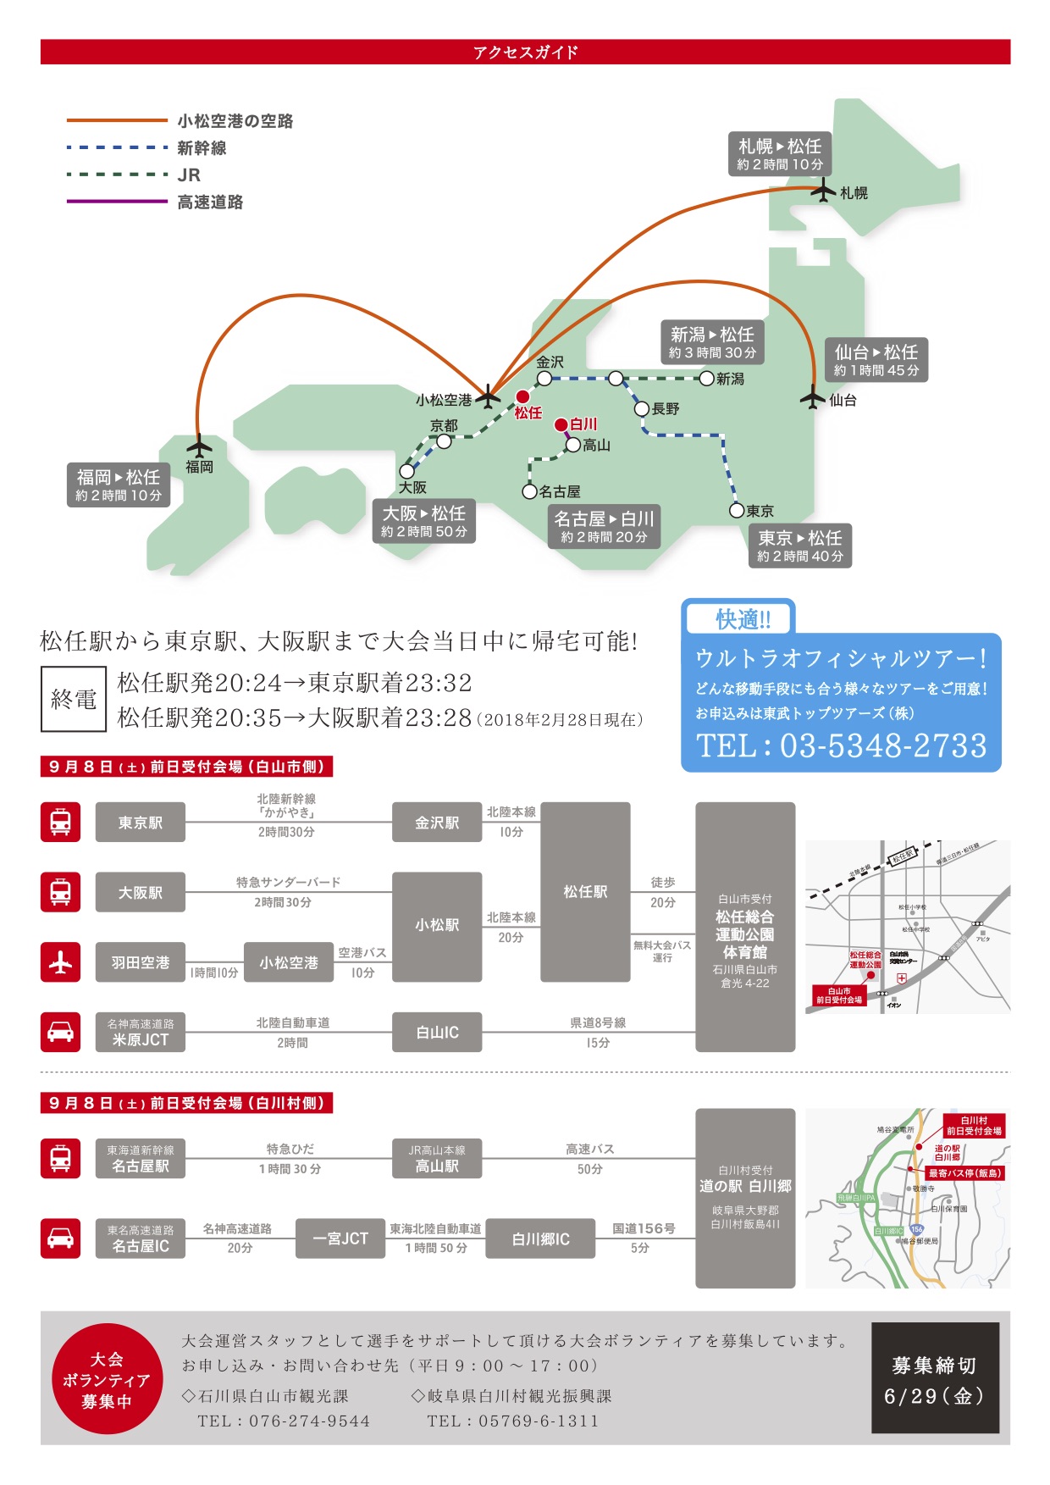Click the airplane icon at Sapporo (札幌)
click(822, 191)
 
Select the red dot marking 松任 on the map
click(522, 396)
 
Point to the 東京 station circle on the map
click(738, 510)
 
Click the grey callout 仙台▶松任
click(876, 360)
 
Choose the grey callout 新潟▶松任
click(711, 342)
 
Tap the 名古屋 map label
click(560, 491)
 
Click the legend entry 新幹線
click(202, 148)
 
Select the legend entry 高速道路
click(210, 202)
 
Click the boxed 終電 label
click(74, 699)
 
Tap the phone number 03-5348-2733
click(882, 745)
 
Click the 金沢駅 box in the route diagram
click(437, 823)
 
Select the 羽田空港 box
click(141, 962)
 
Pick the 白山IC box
click(437, 1033)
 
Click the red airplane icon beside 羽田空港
click(60, 962)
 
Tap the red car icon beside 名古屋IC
click(60, 1238)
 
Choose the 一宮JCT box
click(340, 1238)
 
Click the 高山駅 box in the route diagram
click(437, 1159)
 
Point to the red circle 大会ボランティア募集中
click(107, 1379)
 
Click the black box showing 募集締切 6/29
click(935, 1378)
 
